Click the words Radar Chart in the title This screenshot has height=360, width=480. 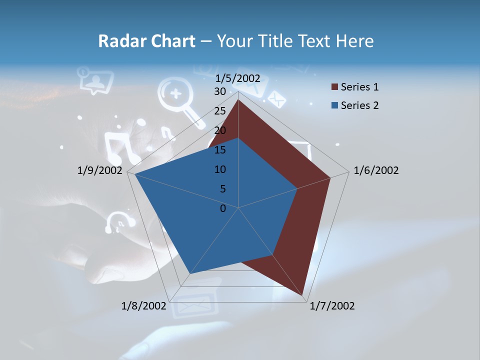(x=146, y=41)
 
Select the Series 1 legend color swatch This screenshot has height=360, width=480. (x=334, y=87)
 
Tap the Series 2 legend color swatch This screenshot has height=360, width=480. (x=334, y=105)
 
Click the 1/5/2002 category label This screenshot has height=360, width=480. (x=238, y=78)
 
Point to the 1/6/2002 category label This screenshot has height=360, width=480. (x=376, y=170)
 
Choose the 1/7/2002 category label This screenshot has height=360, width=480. (x=332, y=306)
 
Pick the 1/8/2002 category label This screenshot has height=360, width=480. (x=143, y=306)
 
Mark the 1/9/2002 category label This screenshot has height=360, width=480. (x=100, y=170)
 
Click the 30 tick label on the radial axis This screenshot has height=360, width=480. (x=220, y=91)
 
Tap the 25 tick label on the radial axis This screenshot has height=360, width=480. (x=220, y=111)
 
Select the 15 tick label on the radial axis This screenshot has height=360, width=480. (x=220, y=150)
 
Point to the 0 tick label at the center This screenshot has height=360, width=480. (x=223, y=208)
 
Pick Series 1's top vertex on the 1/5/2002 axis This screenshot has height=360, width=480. (x=238, y=99)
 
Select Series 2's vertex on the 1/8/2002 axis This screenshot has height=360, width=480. (x=190, y=273)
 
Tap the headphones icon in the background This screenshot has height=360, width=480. (x=119, y=222)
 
